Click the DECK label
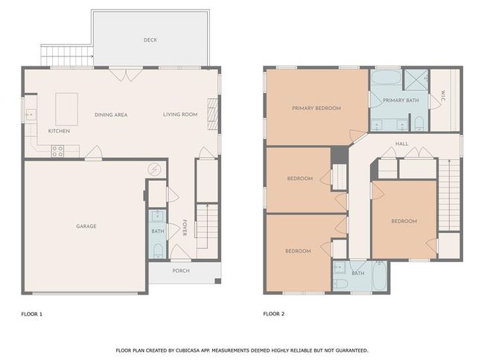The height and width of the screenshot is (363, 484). coord(150,39)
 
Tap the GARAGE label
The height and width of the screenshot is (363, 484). coord(86,226)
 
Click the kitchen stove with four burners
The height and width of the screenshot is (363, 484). coord(58,151)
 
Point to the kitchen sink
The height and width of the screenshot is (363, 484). coord(31,115)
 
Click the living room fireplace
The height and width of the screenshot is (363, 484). coord(213,114)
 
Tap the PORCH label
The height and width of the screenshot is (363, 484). coord(181,271)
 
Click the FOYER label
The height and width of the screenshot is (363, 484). coord(185,228)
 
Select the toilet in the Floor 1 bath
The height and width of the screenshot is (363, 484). coord(158,251)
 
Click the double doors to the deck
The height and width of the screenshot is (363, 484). coord(127,74)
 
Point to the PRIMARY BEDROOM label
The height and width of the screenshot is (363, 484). coord(316,109)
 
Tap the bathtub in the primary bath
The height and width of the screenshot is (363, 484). coord(386,77)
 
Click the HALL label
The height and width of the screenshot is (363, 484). coord(402,144)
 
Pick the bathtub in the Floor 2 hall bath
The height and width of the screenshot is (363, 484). coord(379,275)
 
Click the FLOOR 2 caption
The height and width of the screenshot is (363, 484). coord(274,314)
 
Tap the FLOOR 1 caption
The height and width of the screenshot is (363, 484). coord(31,314)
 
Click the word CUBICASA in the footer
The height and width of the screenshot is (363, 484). coord(188,350)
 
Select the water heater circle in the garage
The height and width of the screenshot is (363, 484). coord(154,169)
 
